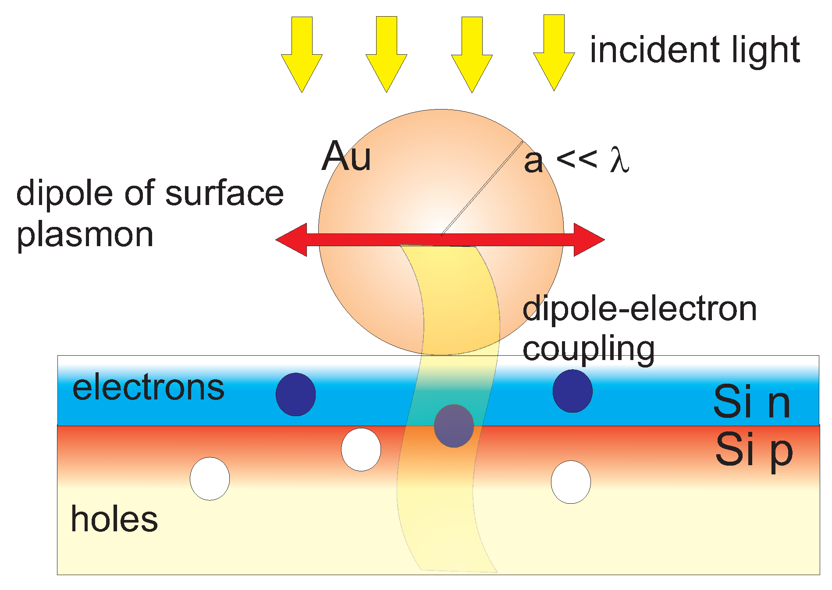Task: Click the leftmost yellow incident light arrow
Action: pos(302,55)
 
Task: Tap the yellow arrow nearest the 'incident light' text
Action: pos(554,53)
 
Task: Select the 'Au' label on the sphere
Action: pos(346,156)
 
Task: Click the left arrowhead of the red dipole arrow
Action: pos(292,240)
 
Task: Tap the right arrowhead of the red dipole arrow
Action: pos(589,240)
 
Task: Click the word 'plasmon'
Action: pos(85,235)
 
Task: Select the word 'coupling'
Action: pos(589,350)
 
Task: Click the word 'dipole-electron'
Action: pos(640,309)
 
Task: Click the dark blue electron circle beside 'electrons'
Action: pos(295,394)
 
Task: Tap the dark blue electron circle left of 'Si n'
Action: pos(572,391)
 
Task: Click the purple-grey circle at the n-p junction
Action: pos(454,426)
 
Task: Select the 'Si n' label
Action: pos(752,402)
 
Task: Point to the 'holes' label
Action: pos(114,519)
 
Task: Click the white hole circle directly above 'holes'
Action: pos(210,479)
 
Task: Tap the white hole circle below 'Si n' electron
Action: pos(571,482)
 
